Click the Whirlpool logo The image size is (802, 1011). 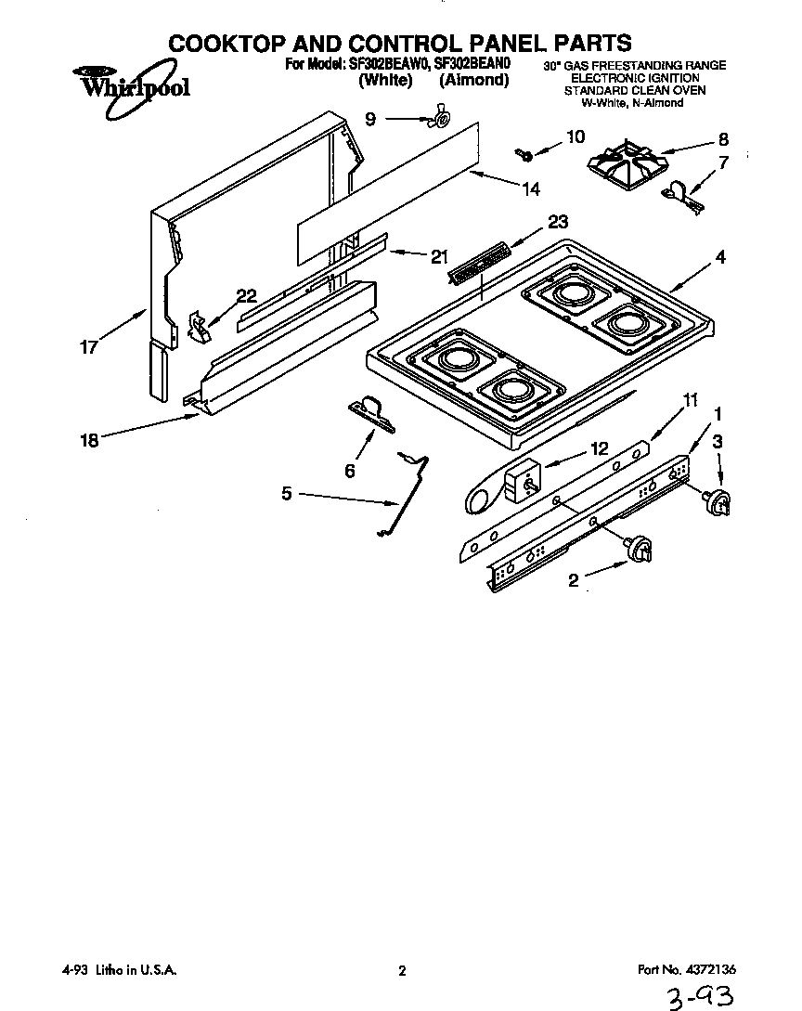point(129,89)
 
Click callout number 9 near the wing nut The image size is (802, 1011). point(371,118)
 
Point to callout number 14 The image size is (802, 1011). point(530,189)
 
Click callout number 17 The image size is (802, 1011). point(87,350)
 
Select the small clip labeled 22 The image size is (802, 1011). point(198,324)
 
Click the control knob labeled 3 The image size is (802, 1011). point(718,502)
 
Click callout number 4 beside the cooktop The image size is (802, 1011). point(720,257)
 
